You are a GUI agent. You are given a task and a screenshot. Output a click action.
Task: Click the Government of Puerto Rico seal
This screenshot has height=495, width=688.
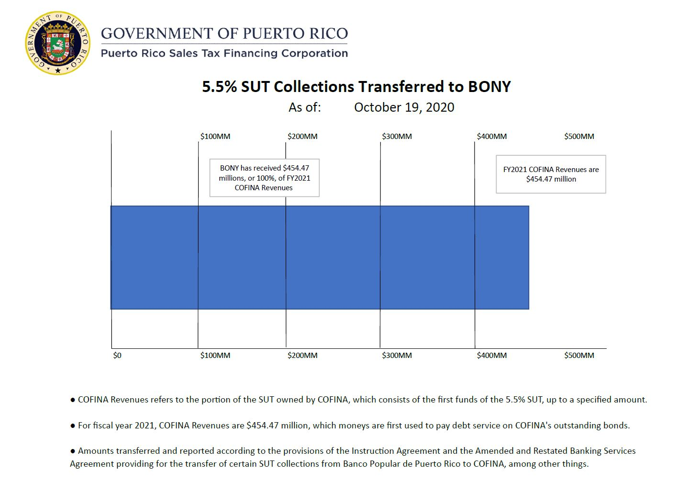[x=58, y=44]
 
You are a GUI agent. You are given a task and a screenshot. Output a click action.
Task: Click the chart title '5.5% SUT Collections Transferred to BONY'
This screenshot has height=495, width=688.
[x=356, y=87]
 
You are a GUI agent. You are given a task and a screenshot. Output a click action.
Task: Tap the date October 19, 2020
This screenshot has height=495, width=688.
[x=404, y=107]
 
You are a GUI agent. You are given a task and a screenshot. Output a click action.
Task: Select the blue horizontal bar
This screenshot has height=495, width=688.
[x=320, y=257]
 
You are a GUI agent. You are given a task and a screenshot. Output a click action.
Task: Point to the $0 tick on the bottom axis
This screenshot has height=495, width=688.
[x=117, y=356]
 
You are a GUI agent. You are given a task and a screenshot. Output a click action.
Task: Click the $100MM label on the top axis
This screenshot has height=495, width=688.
[x=215, y=137]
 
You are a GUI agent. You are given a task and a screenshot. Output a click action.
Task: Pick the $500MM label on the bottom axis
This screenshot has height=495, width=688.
[x=579, y=356]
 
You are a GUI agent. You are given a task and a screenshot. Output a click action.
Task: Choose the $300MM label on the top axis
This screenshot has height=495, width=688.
[x=397, y=137]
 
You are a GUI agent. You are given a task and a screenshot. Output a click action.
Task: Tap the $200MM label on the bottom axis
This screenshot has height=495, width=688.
[x=302, y=356]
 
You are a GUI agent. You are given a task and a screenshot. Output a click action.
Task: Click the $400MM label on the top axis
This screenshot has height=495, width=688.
[x=492, y=137]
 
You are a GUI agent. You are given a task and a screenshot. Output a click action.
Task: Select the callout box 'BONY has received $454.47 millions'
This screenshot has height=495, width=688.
[x=265, y=178]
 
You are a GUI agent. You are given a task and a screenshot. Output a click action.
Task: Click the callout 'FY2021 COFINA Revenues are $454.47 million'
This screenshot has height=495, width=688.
[x=551, y=174]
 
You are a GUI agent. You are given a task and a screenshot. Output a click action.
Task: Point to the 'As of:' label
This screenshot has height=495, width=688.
[x=305, y=107]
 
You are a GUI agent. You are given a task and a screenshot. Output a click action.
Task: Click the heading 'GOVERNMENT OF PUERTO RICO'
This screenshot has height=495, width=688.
[x=224, y=34]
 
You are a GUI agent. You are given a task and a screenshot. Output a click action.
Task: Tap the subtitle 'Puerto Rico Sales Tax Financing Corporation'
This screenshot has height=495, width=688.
[x=224, y=53]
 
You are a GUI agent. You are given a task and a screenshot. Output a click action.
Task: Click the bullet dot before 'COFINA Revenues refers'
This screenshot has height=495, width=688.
[x=73, y=400]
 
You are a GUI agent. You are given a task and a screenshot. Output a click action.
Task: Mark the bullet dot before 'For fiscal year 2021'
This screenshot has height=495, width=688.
[x=73, y=426]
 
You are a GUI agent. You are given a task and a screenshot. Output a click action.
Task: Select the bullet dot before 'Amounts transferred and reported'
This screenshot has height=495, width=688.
[x=73, y=451]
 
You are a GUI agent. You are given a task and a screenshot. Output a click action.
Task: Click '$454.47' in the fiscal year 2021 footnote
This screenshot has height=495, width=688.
[x=262, y=426]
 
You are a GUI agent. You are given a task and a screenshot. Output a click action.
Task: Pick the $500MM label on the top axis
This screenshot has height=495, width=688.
[x=579, y=137]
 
